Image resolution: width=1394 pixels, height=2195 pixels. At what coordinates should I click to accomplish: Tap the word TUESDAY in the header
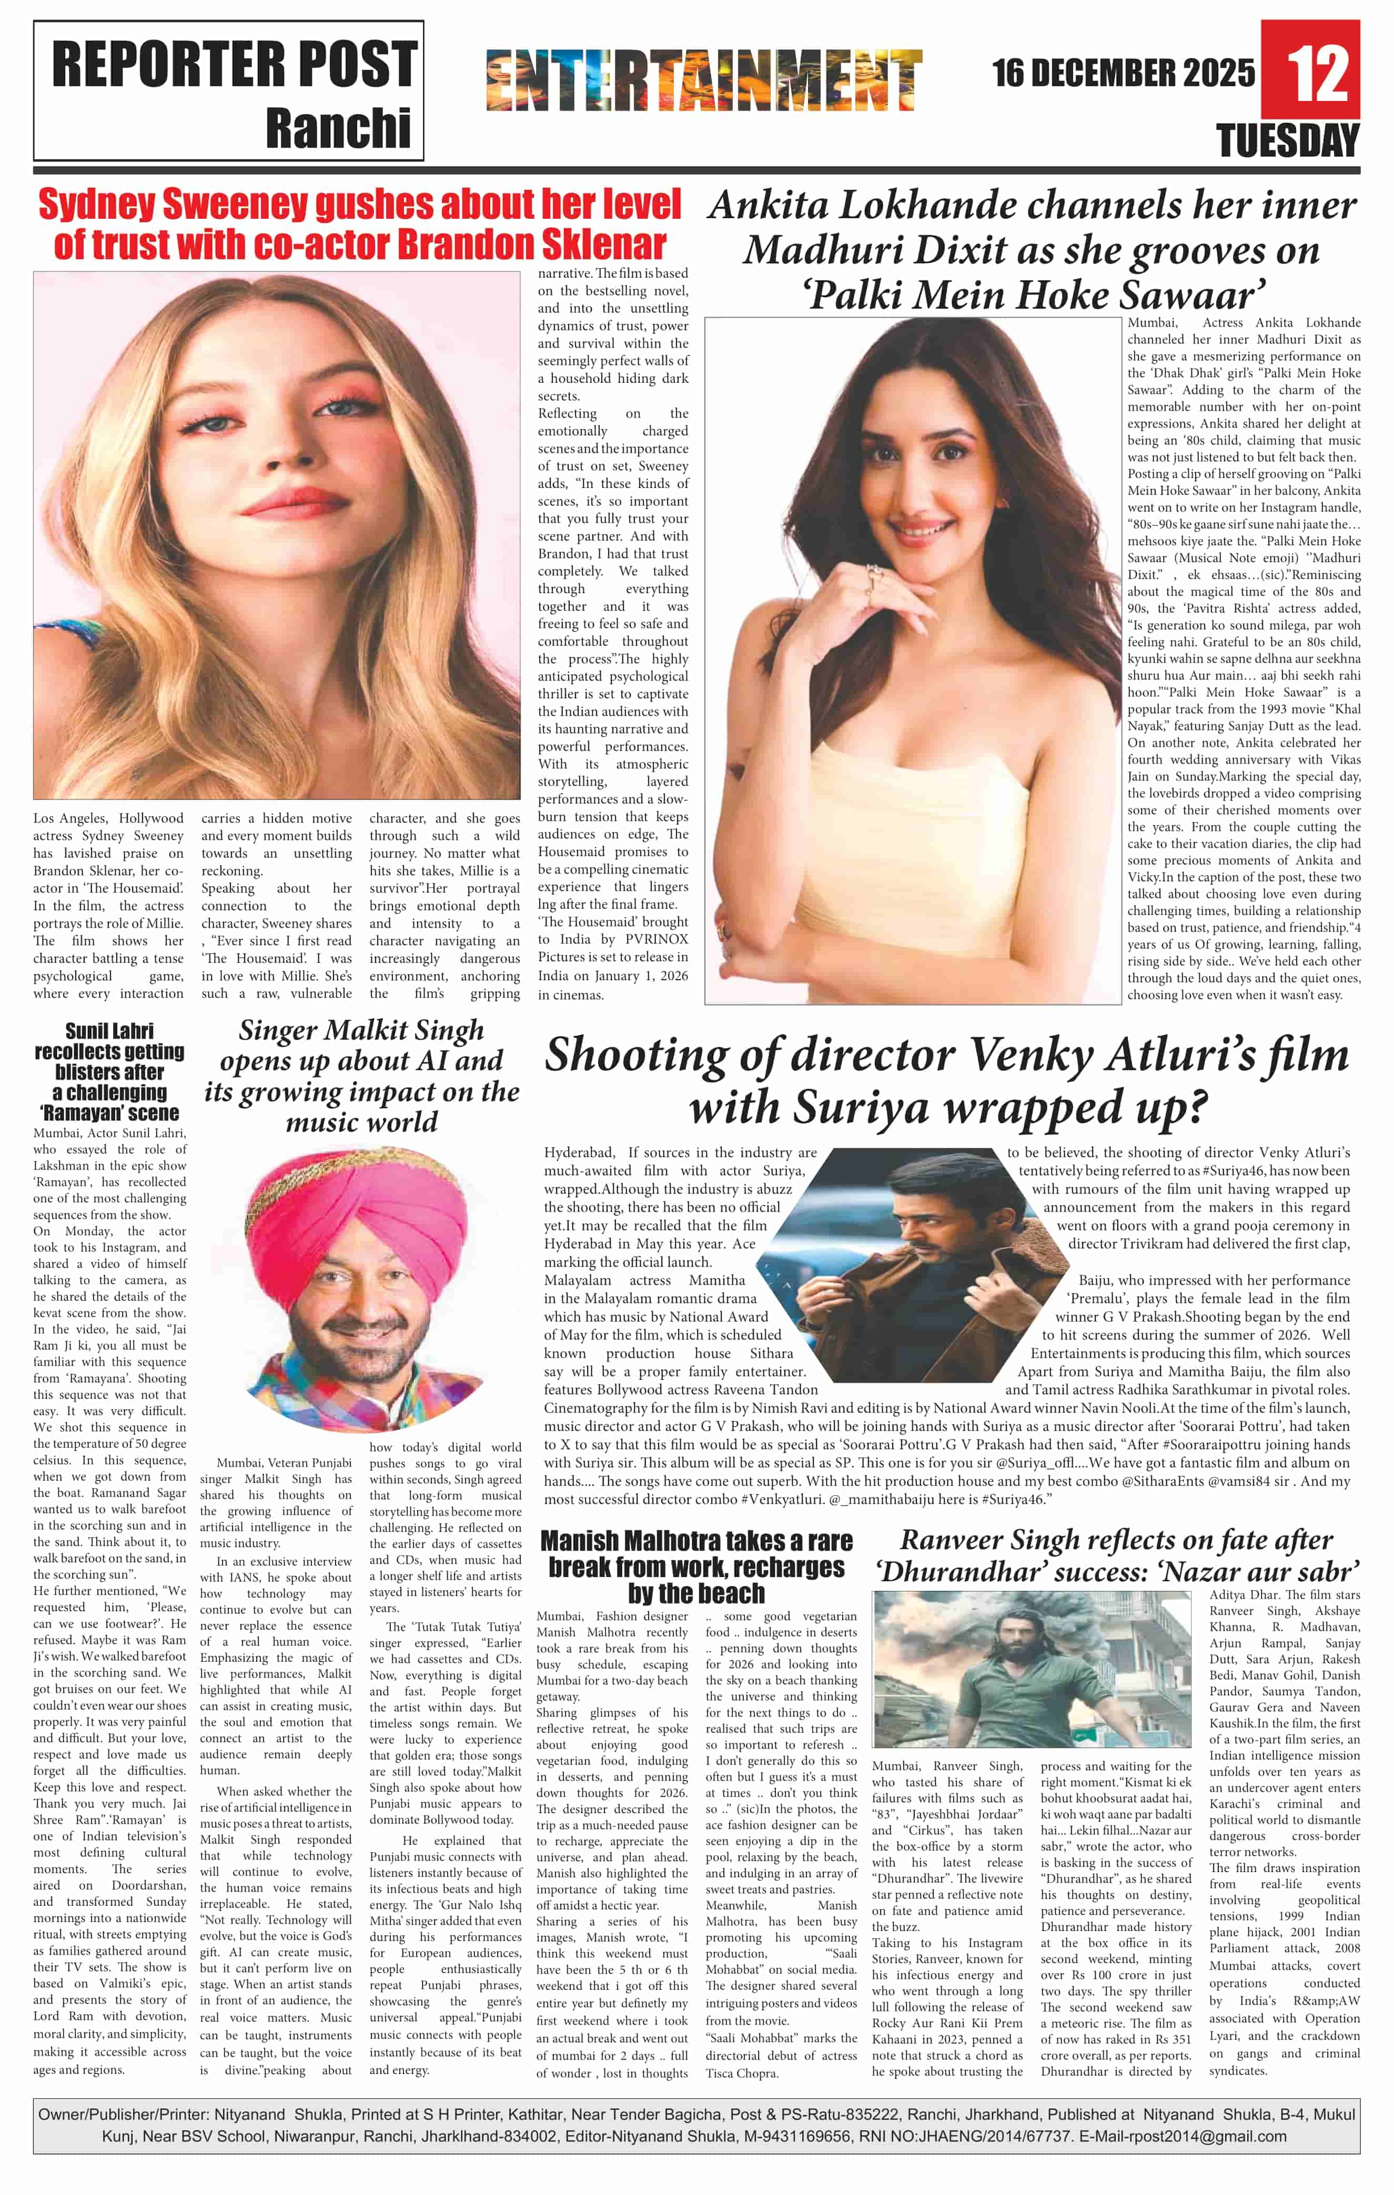point(1287,141)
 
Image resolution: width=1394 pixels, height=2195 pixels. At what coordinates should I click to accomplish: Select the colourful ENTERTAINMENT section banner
point(704,80)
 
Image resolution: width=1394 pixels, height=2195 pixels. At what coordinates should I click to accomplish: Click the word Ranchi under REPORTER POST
point(338,128)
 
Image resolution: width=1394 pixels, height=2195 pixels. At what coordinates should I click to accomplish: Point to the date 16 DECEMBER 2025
point(1123,73)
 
